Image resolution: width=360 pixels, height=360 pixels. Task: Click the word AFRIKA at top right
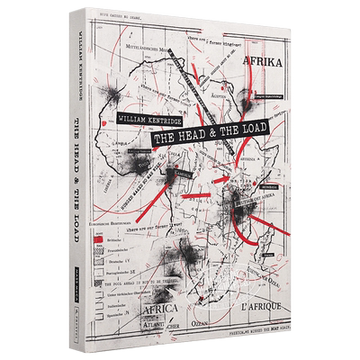267,61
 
